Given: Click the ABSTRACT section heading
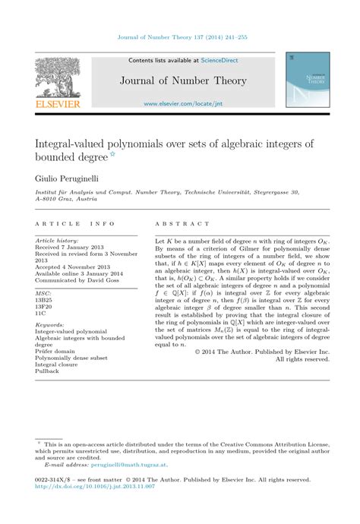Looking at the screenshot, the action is click(182, 225).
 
